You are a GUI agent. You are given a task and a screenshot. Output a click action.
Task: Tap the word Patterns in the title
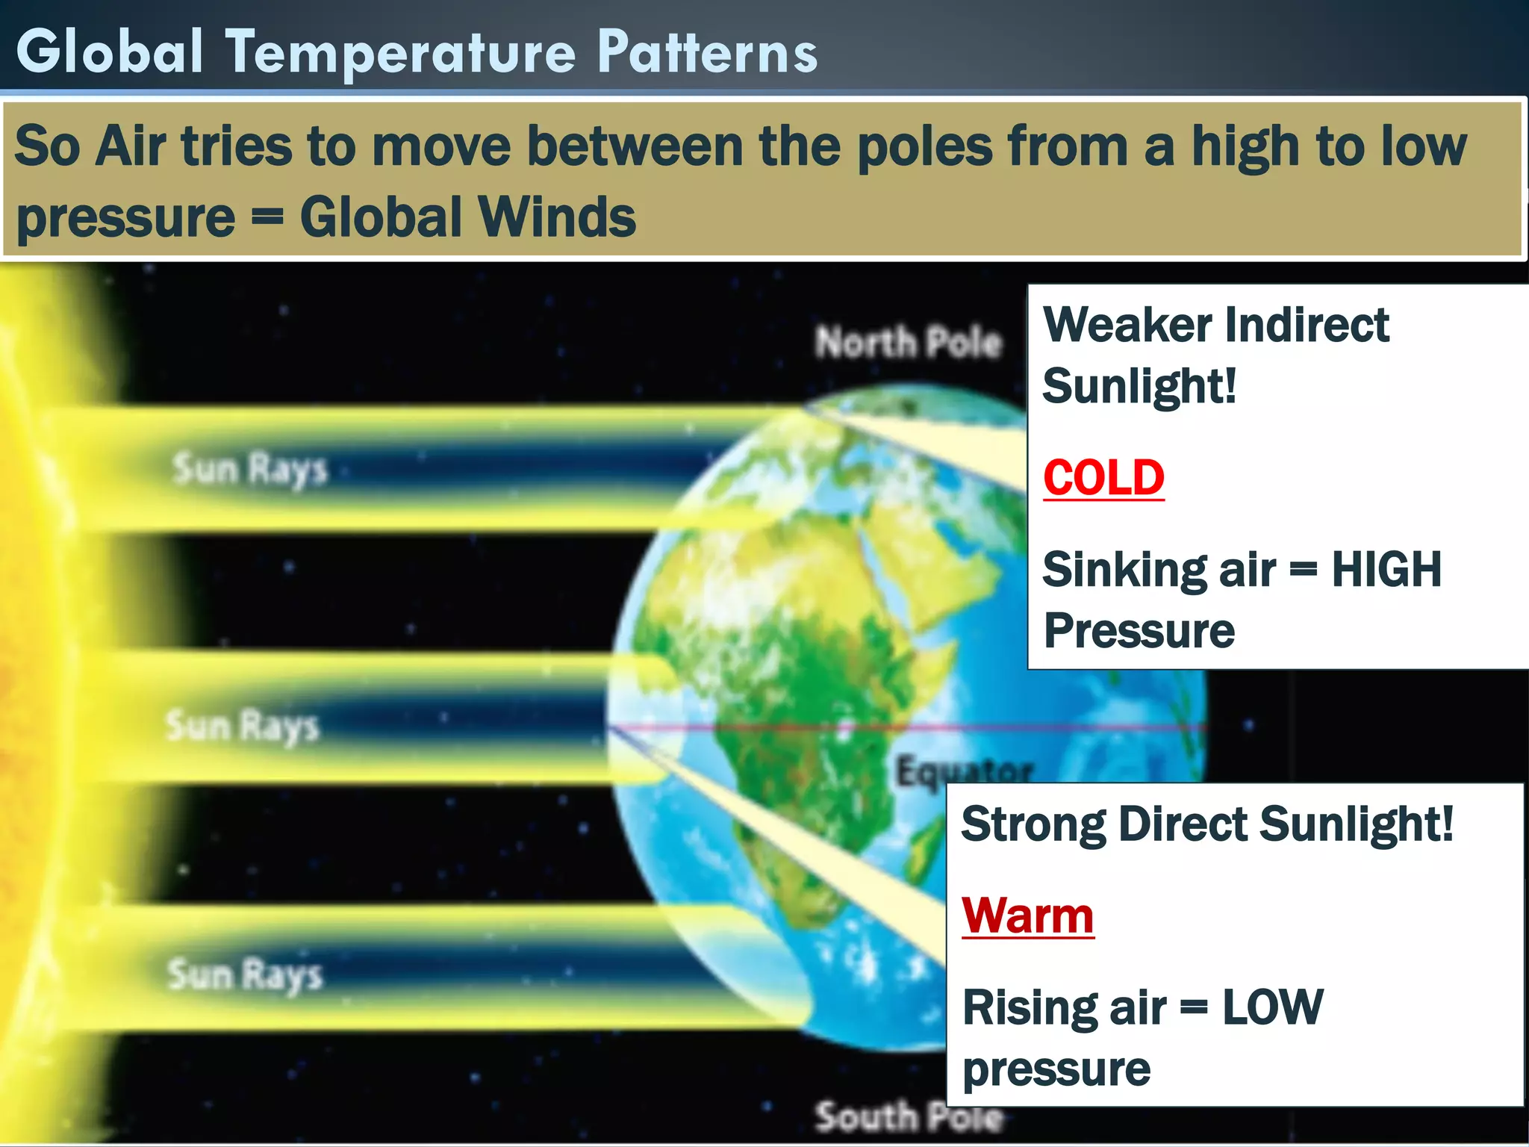(x=707, y=52)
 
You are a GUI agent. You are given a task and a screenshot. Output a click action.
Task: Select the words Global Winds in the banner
(x=468, y=217)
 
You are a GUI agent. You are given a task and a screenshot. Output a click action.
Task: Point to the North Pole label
(x=908, y=343)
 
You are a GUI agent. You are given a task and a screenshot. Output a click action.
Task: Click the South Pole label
(x=909, y=1117)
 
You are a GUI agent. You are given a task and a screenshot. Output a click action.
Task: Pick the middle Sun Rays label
(x=243, y=726)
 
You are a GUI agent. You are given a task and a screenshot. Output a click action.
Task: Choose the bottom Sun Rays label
(x=245, y=975)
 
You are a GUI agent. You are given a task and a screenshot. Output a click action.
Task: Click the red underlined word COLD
(x=1103, y=478)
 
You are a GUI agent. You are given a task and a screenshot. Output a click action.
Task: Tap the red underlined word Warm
(x=1027, y=916)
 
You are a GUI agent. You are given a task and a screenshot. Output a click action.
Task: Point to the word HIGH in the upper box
(x=1386, y=570)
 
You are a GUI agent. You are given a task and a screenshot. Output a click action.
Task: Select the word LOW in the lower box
(x=1272, y=1007)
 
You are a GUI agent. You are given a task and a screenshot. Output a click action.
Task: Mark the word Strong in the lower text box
(x=1033, y=824)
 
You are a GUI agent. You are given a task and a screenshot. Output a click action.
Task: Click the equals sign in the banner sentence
(x=267, y=217)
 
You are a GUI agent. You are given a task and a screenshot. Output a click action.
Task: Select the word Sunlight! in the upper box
(x=1139, y=387)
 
